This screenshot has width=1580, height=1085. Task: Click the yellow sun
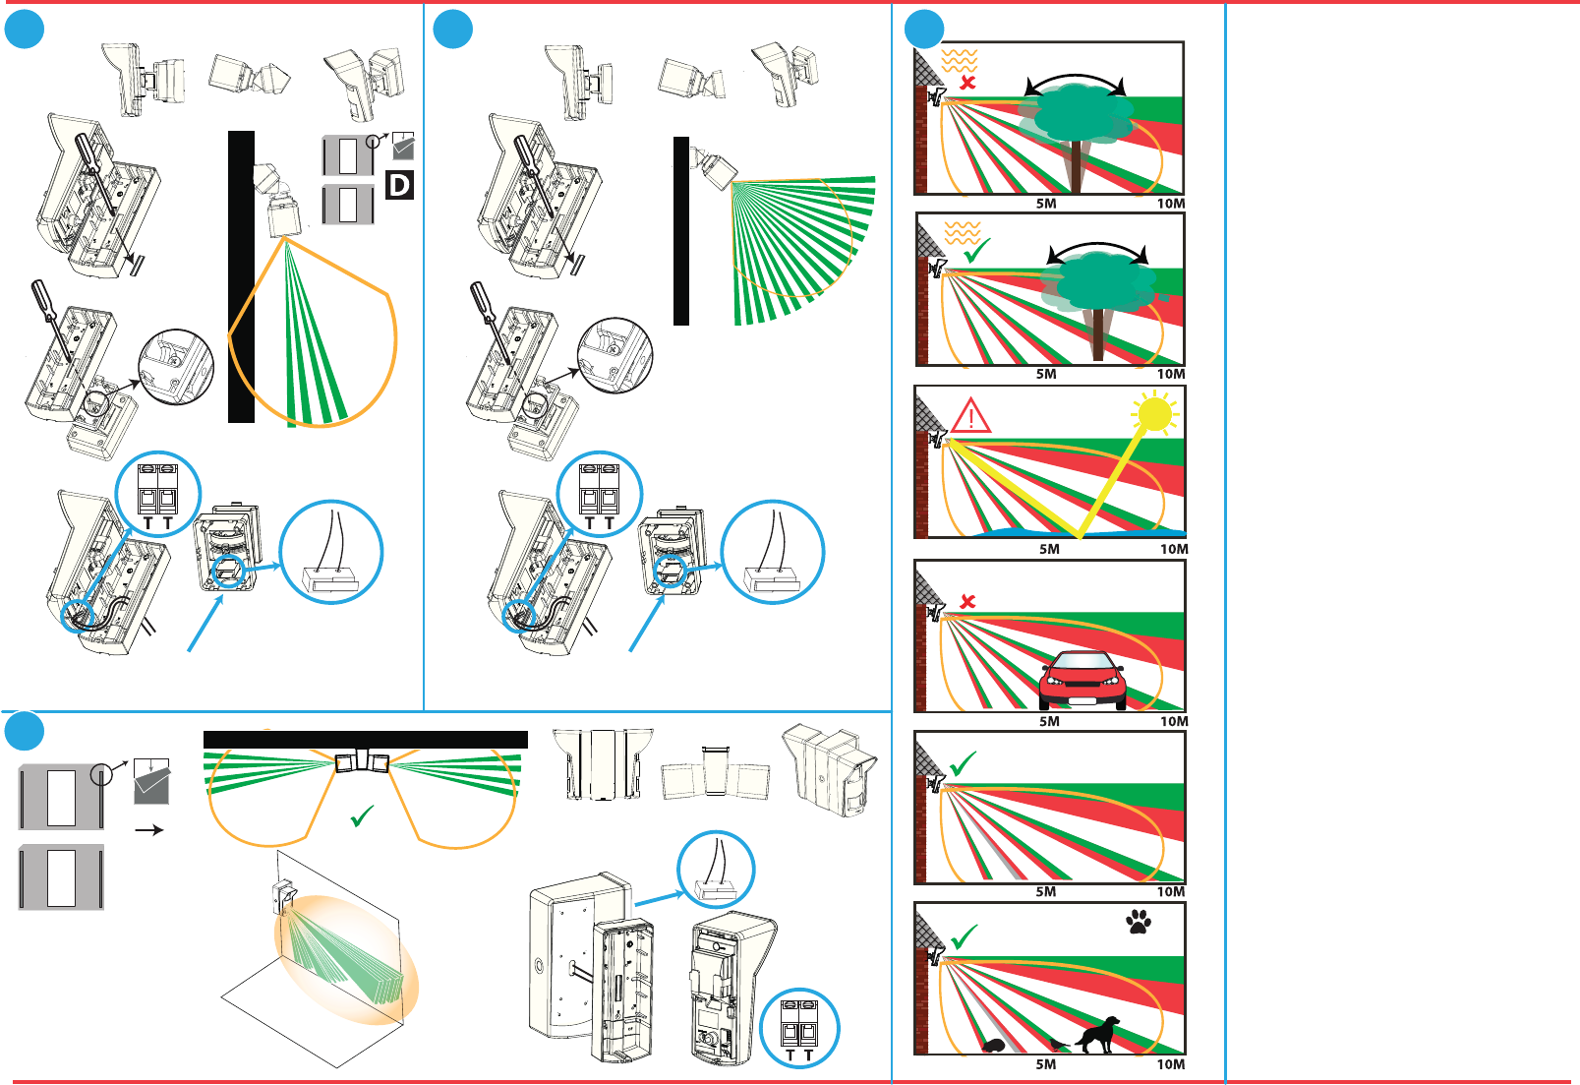[1154, 414]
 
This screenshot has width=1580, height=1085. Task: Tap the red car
[1083, 680]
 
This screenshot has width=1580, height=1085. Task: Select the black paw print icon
[1139, 922]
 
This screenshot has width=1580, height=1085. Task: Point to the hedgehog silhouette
[995, 1045]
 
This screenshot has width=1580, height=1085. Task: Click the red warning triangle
[970, 416]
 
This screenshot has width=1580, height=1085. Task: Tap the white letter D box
[399, 185]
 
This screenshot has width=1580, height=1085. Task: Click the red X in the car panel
[967, 601]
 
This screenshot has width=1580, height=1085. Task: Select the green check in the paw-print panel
[965, 936]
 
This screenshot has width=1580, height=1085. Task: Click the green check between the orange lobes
[361, 816]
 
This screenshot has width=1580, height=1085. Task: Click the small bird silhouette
[1057, 1044]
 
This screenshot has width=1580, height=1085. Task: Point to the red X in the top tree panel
[967, 83]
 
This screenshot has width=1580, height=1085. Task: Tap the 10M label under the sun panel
[1174, 549]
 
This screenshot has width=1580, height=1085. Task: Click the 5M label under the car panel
[1049, 721]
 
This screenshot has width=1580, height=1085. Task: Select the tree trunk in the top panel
[1076, 166]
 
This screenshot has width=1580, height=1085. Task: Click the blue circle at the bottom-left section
[25, 731]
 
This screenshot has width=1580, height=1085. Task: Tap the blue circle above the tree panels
[924, 30]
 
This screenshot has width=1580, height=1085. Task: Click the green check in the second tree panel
[976, 250]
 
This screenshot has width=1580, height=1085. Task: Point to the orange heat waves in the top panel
[960, 60]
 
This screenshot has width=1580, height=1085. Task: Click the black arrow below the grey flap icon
[148, 830]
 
